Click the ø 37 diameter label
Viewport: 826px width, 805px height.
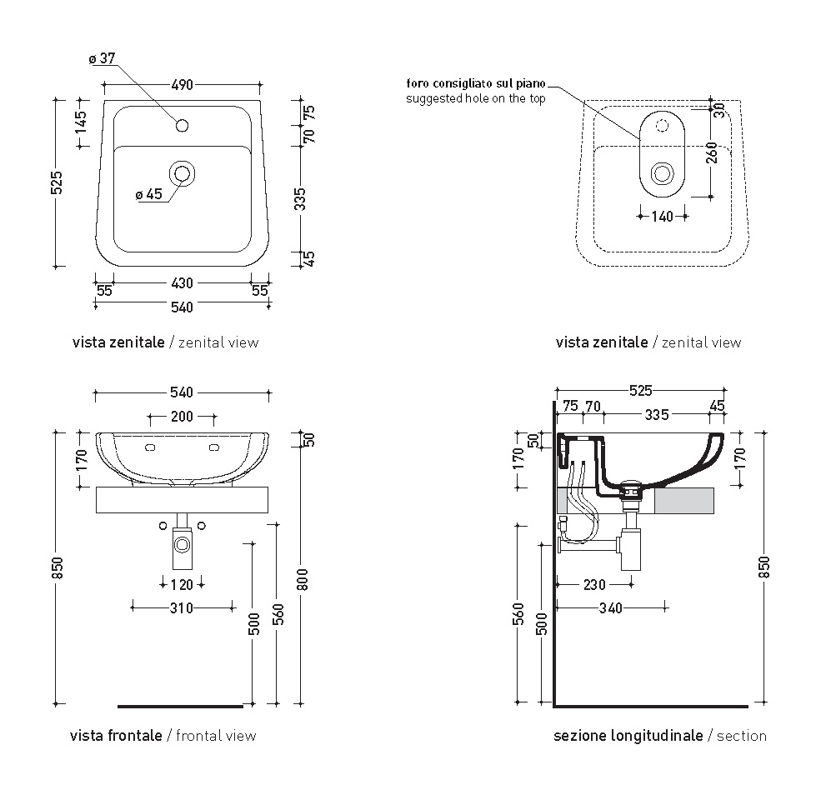coord(102,58)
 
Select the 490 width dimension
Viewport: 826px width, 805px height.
coord(182,85)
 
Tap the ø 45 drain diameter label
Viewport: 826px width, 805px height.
coord(148,194)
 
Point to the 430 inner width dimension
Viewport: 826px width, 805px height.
coord(182,283)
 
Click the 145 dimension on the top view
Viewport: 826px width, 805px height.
coord(81,122)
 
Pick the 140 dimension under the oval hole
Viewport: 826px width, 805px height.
coord(662,217)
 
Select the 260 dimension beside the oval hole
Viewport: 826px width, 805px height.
coord(712,152)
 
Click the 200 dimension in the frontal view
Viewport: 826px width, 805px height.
coord(182,417)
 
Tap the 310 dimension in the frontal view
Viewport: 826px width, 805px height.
coord(181,608)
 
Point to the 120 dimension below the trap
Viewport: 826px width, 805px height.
coord(182,585)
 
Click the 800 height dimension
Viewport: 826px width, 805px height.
coord(303,579)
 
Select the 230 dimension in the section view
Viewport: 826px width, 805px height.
coord(594,585)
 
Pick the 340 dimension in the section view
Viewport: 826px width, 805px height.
coord(611,608)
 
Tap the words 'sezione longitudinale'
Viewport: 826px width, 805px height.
coord(628,736)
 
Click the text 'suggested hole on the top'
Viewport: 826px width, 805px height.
coord(476,98)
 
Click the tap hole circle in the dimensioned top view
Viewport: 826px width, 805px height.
coord(182,125)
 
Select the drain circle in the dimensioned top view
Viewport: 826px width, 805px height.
coord(182,173)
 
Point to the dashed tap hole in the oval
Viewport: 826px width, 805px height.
coord(662,125)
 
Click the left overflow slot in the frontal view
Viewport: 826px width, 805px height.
coord(150,447)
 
